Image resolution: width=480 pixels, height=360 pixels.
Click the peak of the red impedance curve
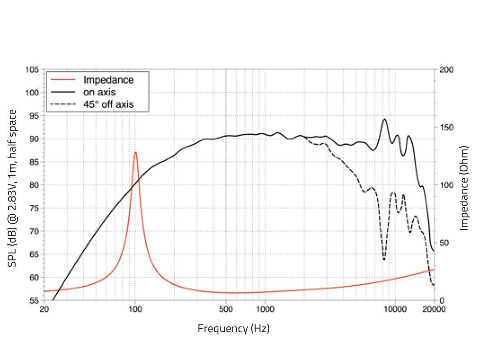pos(135,153)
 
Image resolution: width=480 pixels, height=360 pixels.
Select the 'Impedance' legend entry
pos(108,80)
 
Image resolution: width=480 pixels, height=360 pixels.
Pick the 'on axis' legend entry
pos(99,93)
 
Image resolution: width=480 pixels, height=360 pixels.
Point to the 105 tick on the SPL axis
pos(32,70)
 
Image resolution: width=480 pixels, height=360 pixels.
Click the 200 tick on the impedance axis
pos(447,70)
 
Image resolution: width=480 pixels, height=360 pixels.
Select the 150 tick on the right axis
pos(447,127)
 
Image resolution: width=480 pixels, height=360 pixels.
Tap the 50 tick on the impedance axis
pos(445,243)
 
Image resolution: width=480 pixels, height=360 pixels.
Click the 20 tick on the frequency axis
pos(44,309)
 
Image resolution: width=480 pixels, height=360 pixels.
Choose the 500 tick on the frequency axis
pos(226,309)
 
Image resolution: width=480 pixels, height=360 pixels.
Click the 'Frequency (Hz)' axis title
pos(233,328)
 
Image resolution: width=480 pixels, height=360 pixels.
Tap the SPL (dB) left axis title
pos(13,188)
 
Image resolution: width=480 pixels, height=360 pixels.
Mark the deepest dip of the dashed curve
pos(384,259)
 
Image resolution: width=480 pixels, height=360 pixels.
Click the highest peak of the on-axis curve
pos(385,119)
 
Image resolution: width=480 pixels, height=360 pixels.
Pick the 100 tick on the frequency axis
pos(135,309)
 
